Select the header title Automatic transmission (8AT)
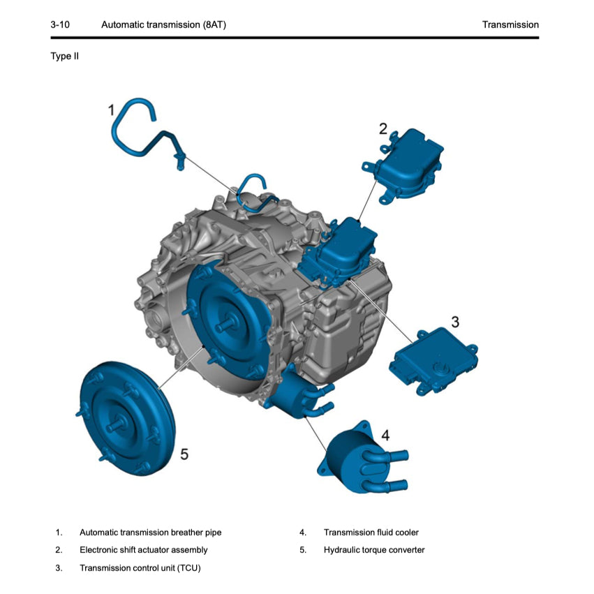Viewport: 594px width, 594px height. click(x=163, y=24)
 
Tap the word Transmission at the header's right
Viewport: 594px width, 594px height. click(x=510, y=24)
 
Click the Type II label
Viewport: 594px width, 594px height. click(x=65, y=56)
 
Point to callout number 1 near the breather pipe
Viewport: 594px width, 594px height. click(x=111, y=110)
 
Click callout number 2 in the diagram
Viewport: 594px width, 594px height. click(x=383, y=128)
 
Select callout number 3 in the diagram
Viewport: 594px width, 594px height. click(x=455, y=322)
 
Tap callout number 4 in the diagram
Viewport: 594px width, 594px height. click(x=385, y=435)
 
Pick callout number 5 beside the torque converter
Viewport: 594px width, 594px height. click(x=184, y=454)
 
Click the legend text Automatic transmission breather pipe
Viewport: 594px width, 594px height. click(x=150, y=533)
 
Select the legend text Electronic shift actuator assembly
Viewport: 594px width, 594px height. click(x=149, y=550)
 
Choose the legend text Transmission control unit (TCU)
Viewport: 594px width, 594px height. click(x=140, y=567)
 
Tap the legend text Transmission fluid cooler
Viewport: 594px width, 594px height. click(x=371, y=533)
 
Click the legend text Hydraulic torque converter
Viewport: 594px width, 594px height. click(x=373, y=550)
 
